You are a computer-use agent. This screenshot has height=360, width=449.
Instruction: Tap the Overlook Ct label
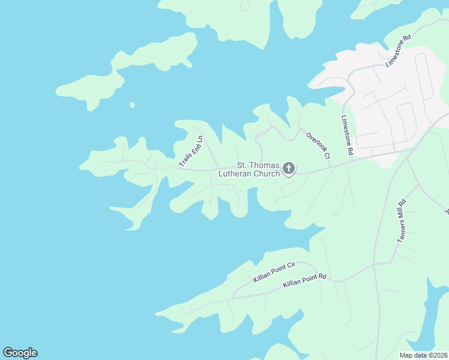click(318, 146)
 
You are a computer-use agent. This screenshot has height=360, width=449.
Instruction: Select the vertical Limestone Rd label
click(347, 136)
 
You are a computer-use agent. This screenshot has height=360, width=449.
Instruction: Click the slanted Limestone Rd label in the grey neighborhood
click(398, 50)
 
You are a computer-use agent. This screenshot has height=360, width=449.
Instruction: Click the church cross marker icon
click(289, 169)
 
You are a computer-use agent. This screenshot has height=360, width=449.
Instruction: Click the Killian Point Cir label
click(275, 272)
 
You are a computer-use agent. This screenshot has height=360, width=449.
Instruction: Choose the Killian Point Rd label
click(304, 279)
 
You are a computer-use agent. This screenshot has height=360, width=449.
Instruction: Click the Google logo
click(20, 353)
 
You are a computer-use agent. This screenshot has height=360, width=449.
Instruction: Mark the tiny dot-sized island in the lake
click(132, 105)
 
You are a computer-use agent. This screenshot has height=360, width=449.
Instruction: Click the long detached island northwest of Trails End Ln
click(126, 69)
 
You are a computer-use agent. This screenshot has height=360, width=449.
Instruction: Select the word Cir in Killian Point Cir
click(291, 266)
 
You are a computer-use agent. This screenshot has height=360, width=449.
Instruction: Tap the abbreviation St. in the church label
click(243, 165)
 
